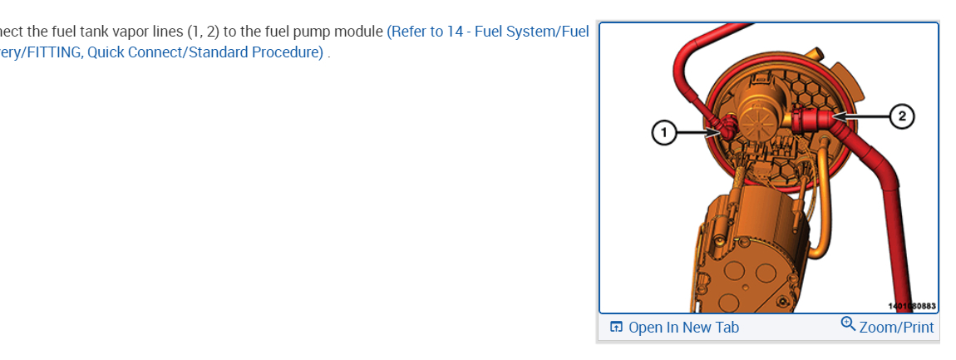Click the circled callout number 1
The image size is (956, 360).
663,132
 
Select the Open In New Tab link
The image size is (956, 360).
683,328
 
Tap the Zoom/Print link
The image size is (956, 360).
896,328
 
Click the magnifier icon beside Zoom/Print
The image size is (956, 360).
848,323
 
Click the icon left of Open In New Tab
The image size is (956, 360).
616,328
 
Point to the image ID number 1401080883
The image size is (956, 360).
912,306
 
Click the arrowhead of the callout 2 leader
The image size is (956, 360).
834,116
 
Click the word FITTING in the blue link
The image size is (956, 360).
53,52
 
